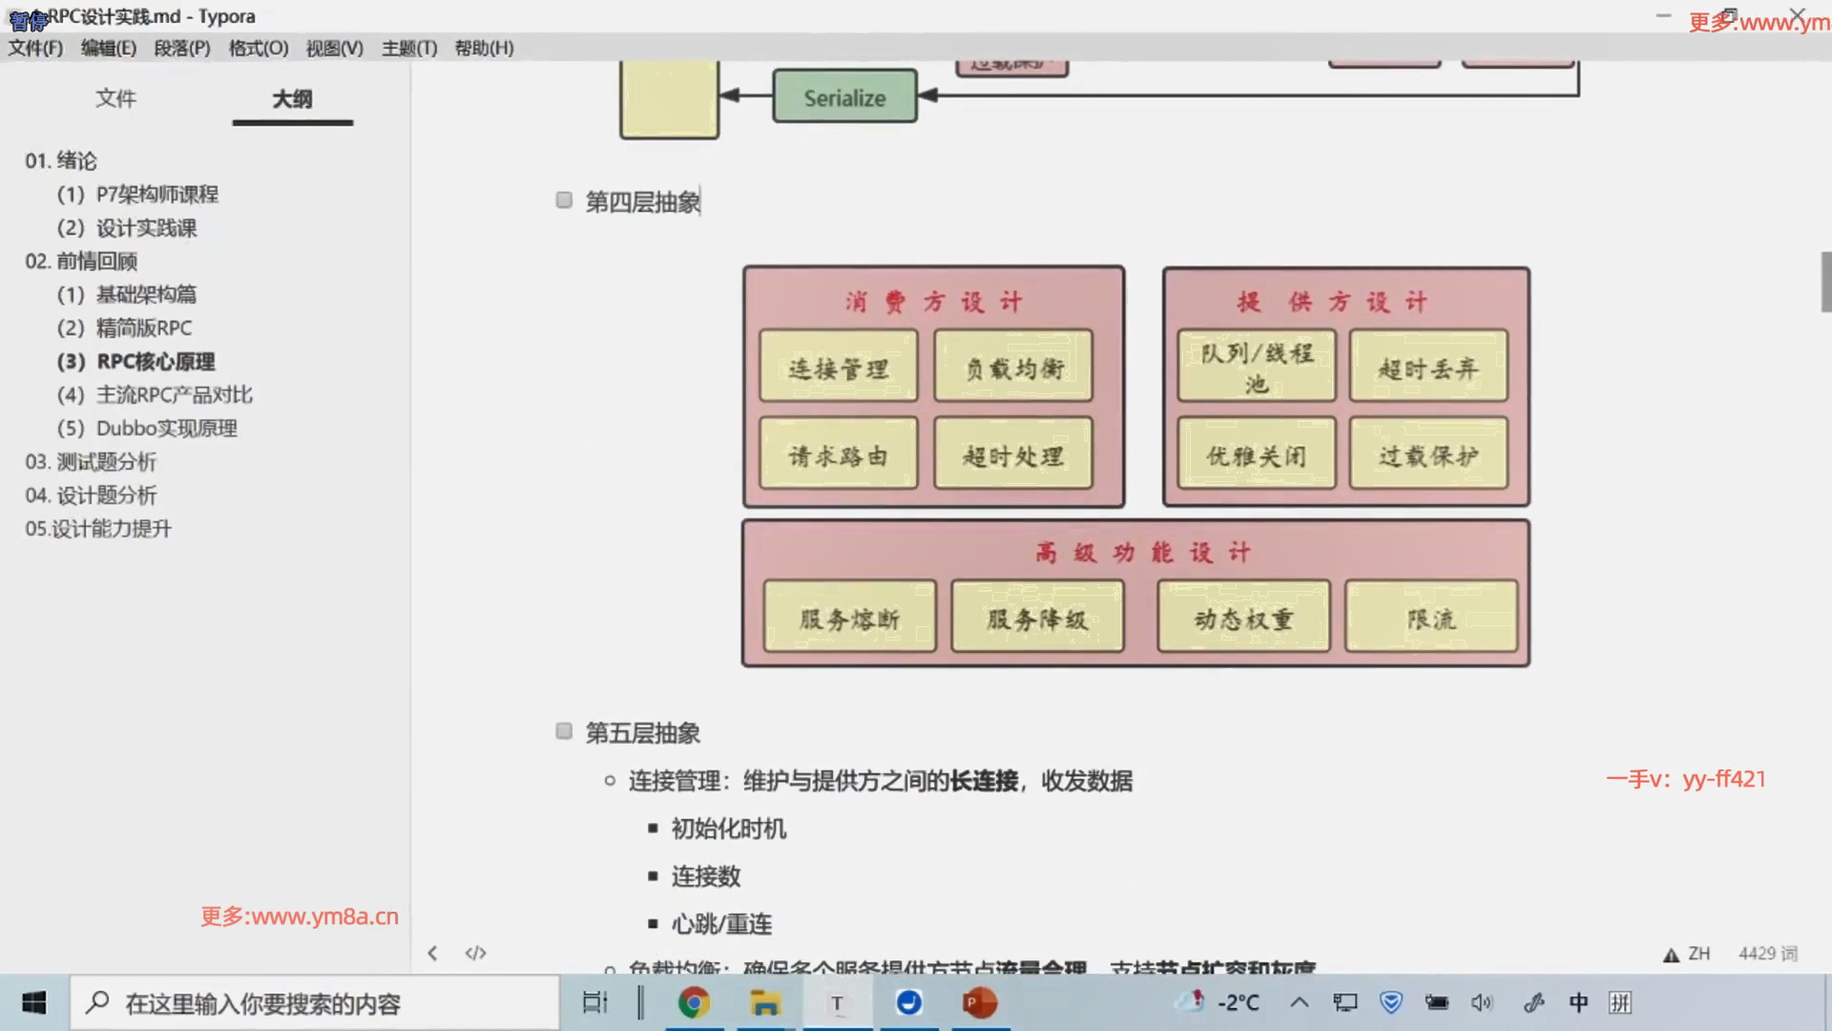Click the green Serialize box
click(844, 96)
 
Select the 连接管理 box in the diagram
click(838, 367)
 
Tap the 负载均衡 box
click(1013, 367)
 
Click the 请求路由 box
click(838, 454)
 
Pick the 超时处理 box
click(1013, 454)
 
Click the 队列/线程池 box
click(1256, 367)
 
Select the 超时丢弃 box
click(1428, 367)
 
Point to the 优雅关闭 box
click(1256, 454)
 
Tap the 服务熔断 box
click(849, 618)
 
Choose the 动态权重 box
click(1243, 618)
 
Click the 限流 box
click(1431, 618)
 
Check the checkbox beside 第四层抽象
click(564, 200)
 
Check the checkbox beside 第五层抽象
click(564, 731)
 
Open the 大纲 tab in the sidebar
click(292, 99)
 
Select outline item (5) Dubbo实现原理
click(147, 429)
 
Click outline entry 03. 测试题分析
click(91, 462)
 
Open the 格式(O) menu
click(258, 48)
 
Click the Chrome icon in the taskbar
click(694, 1002)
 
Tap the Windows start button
click(34, 1002)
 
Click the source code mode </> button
click(475, 953)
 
